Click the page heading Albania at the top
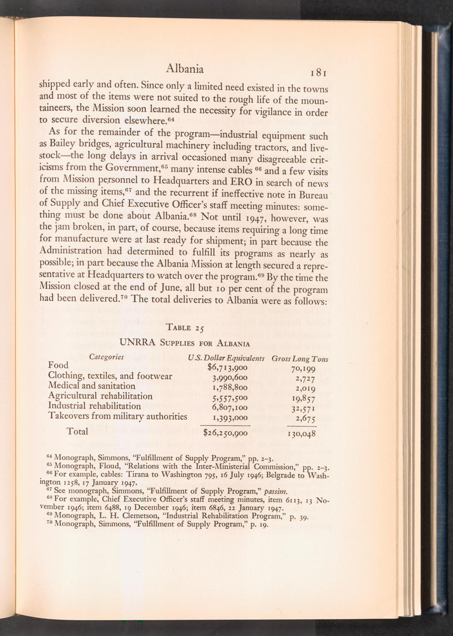(x=184, y=68)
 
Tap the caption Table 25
(x=185, y=328)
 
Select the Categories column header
(x=106, y=357)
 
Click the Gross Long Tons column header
(x=299, y=359)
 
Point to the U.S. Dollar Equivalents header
(x=226, y=358)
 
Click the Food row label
(x=58, y=365)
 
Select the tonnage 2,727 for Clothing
(x=305, y=378)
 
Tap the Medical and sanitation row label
(x=92, y=386)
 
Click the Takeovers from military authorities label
(x=117, y=416)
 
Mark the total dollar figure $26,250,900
(x=225, y=433)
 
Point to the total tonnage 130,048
(x=301, y=434)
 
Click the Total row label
(x=77, y=431)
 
